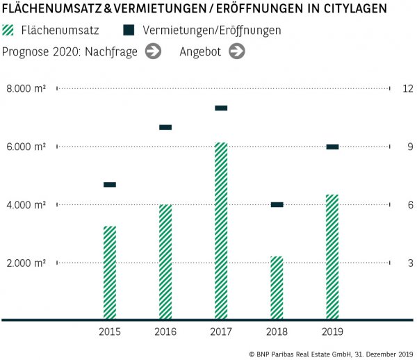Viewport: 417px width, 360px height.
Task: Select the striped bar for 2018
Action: point(277,288)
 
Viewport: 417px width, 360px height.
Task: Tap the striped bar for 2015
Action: point(110,272)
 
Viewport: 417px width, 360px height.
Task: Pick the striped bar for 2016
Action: point(165,262)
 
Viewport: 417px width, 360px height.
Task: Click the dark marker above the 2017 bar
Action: point(221,108)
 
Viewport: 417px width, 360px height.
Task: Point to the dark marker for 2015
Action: point(110,184)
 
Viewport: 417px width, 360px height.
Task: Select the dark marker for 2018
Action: point(277,204)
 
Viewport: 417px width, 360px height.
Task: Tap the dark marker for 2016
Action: point(165,127)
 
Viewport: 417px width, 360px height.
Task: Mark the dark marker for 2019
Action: point(332,147)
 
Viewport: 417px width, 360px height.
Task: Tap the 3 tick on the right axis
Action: point(410,263)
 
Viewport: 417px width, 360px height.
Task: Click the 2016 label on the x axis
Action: point(165,332)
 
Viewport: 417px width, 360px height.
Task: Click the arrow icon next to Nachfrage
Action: point(153,51)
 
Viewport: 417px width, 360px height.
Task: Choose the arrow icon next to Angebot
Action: point(236,51)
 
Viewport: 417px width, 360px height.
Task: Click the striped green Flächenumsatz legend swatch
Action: point(9,31)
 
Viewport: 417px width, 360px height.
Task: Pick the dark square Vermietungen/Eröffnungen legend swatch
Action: point(129,31)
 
